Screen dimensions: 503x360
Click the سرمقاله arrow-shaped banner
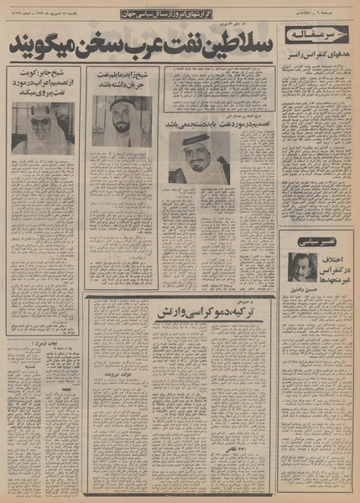coord(315,34)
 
